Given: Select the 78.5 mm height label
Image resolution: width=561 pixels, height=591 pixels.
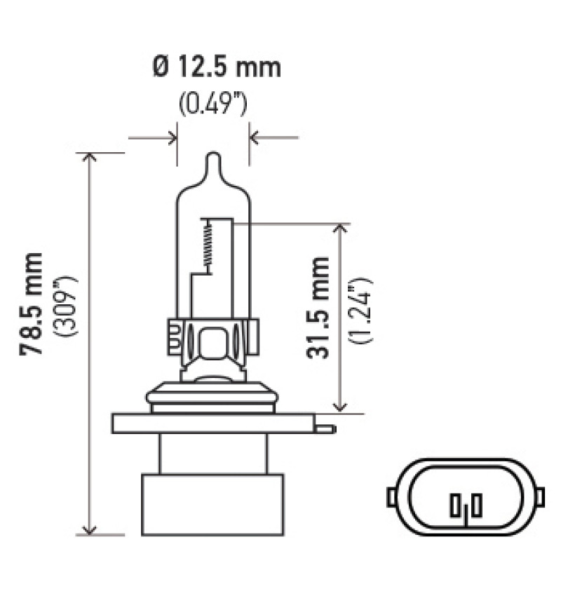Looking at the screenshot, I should (32, 304).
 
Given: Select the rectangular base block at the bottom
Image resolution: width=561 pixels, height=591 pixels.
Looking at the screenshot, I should (212, 505).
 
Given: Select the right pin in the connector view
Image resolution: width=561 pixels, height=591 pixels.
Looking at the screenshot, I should (476, 503).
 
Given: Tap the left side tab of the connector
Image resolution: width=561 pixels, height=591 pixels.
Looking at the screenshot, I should (391, 496).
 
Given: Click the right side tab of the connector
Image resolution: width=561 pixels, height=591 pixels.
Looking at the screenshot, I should (540, 496).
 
